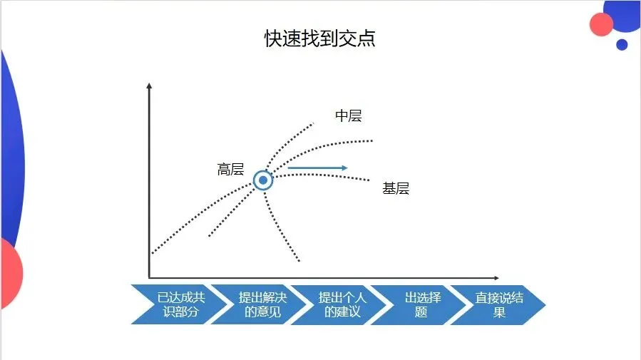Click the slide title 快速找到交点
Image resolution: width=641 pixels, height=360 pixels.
[320, 39]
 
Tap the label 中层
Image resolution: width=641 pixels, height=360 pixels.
[349, 115]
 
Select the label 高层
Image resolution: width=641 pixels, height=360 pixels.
[230, 170]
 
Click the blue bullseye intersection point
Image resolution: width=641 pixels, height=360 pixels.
[263, 180]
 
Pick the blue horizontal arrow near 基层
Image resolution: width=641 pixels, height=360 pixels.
[317, 168]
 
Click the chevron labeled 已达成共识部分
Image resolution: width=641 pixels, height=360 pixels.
[170, 304]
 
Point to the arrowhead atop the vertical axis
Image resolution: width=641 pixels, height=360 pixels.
[149, 86]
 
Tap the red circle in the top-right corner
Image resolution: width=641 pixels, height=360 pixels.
[602, 25]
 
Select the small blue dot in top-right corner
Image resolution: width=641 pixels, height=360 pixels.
[622, 44]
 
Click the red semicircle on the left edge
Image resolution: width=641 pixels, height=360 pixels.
[10, 273]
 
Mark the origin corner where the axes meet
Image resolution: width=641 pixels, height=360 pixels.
[149, 277]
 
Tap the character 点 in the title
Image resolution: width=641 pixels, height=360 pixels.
[367, 39]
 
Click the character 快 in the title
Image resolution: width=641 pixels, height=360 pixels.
[273, 39]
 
